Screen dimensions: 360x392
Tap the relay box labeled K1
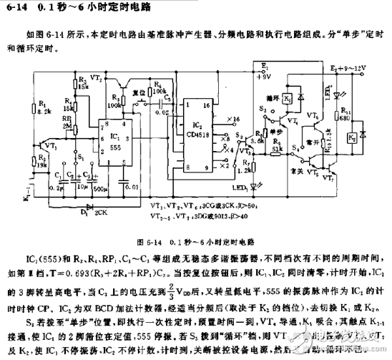(286, 98)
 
